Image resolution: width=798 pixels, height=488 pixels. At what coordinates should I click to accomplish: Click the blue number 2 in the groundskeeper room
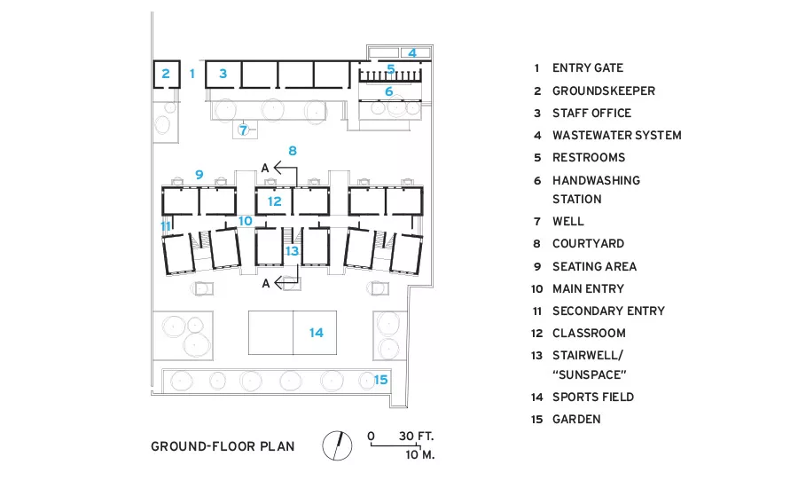[166, 74]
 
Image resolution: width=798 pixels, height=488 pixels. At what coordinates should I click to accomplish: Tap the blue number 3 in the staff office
[223, 74]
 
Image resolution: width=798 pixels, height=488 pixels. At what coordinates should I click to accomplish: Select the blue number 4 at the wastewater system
[412, 52]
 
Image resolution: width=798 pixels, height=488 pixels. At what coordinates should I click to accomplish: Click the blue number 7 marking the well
[243, 130]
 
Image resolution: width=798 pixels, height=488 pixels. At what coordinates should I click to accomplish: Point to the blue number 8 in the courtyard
[292, 151]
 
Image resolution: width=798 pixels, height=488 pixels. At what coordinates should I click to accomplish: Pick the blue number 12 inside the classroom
[274, 201]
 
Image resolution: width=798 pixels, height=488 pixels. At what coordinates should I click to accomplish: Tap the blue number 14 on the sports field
[316, 333]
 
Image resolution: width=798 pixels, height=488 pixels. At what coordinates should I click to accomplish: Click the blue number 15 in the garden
[380, 380]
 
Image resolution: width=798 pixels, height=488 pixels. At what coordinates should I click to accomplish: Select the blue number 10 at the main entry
[246, 221]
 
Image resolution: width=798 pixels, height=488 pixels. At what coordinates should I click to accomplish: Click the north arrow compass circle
[337, 445]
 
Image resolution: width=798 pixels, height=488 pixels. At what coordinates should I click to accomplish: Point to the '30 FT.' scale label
[417, 436]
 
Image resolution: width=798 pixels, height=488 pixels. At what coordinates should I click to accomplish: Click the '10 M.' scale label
[420, 454]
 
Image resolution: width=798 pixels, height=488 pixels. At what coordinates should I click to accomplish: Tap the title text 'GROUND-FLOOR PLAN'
[223, 446]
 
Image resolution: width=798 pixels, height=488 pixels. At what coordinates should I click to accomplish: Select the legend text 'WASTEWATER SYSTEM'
[617, 135]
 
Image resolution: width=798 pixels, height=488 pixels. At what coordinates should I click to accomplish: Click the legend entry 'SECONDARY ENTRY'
[608, 311]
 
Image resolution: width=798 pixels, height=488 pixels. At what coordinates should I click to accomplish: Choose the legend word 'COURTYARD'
[589, 243]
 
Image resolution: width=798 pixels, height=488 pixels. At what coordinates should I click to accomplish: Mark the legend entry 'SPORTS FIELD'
[593, 397]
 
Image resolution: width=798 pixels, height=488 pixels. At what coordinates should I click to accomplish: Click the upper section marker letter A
[264, 168]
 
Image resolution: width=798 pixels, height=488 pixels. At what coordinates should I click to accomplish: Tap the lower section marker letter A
[266, 283]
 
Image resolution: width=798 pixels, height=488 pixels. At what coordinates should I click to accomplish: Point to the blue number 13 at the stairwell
[292, 250]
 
